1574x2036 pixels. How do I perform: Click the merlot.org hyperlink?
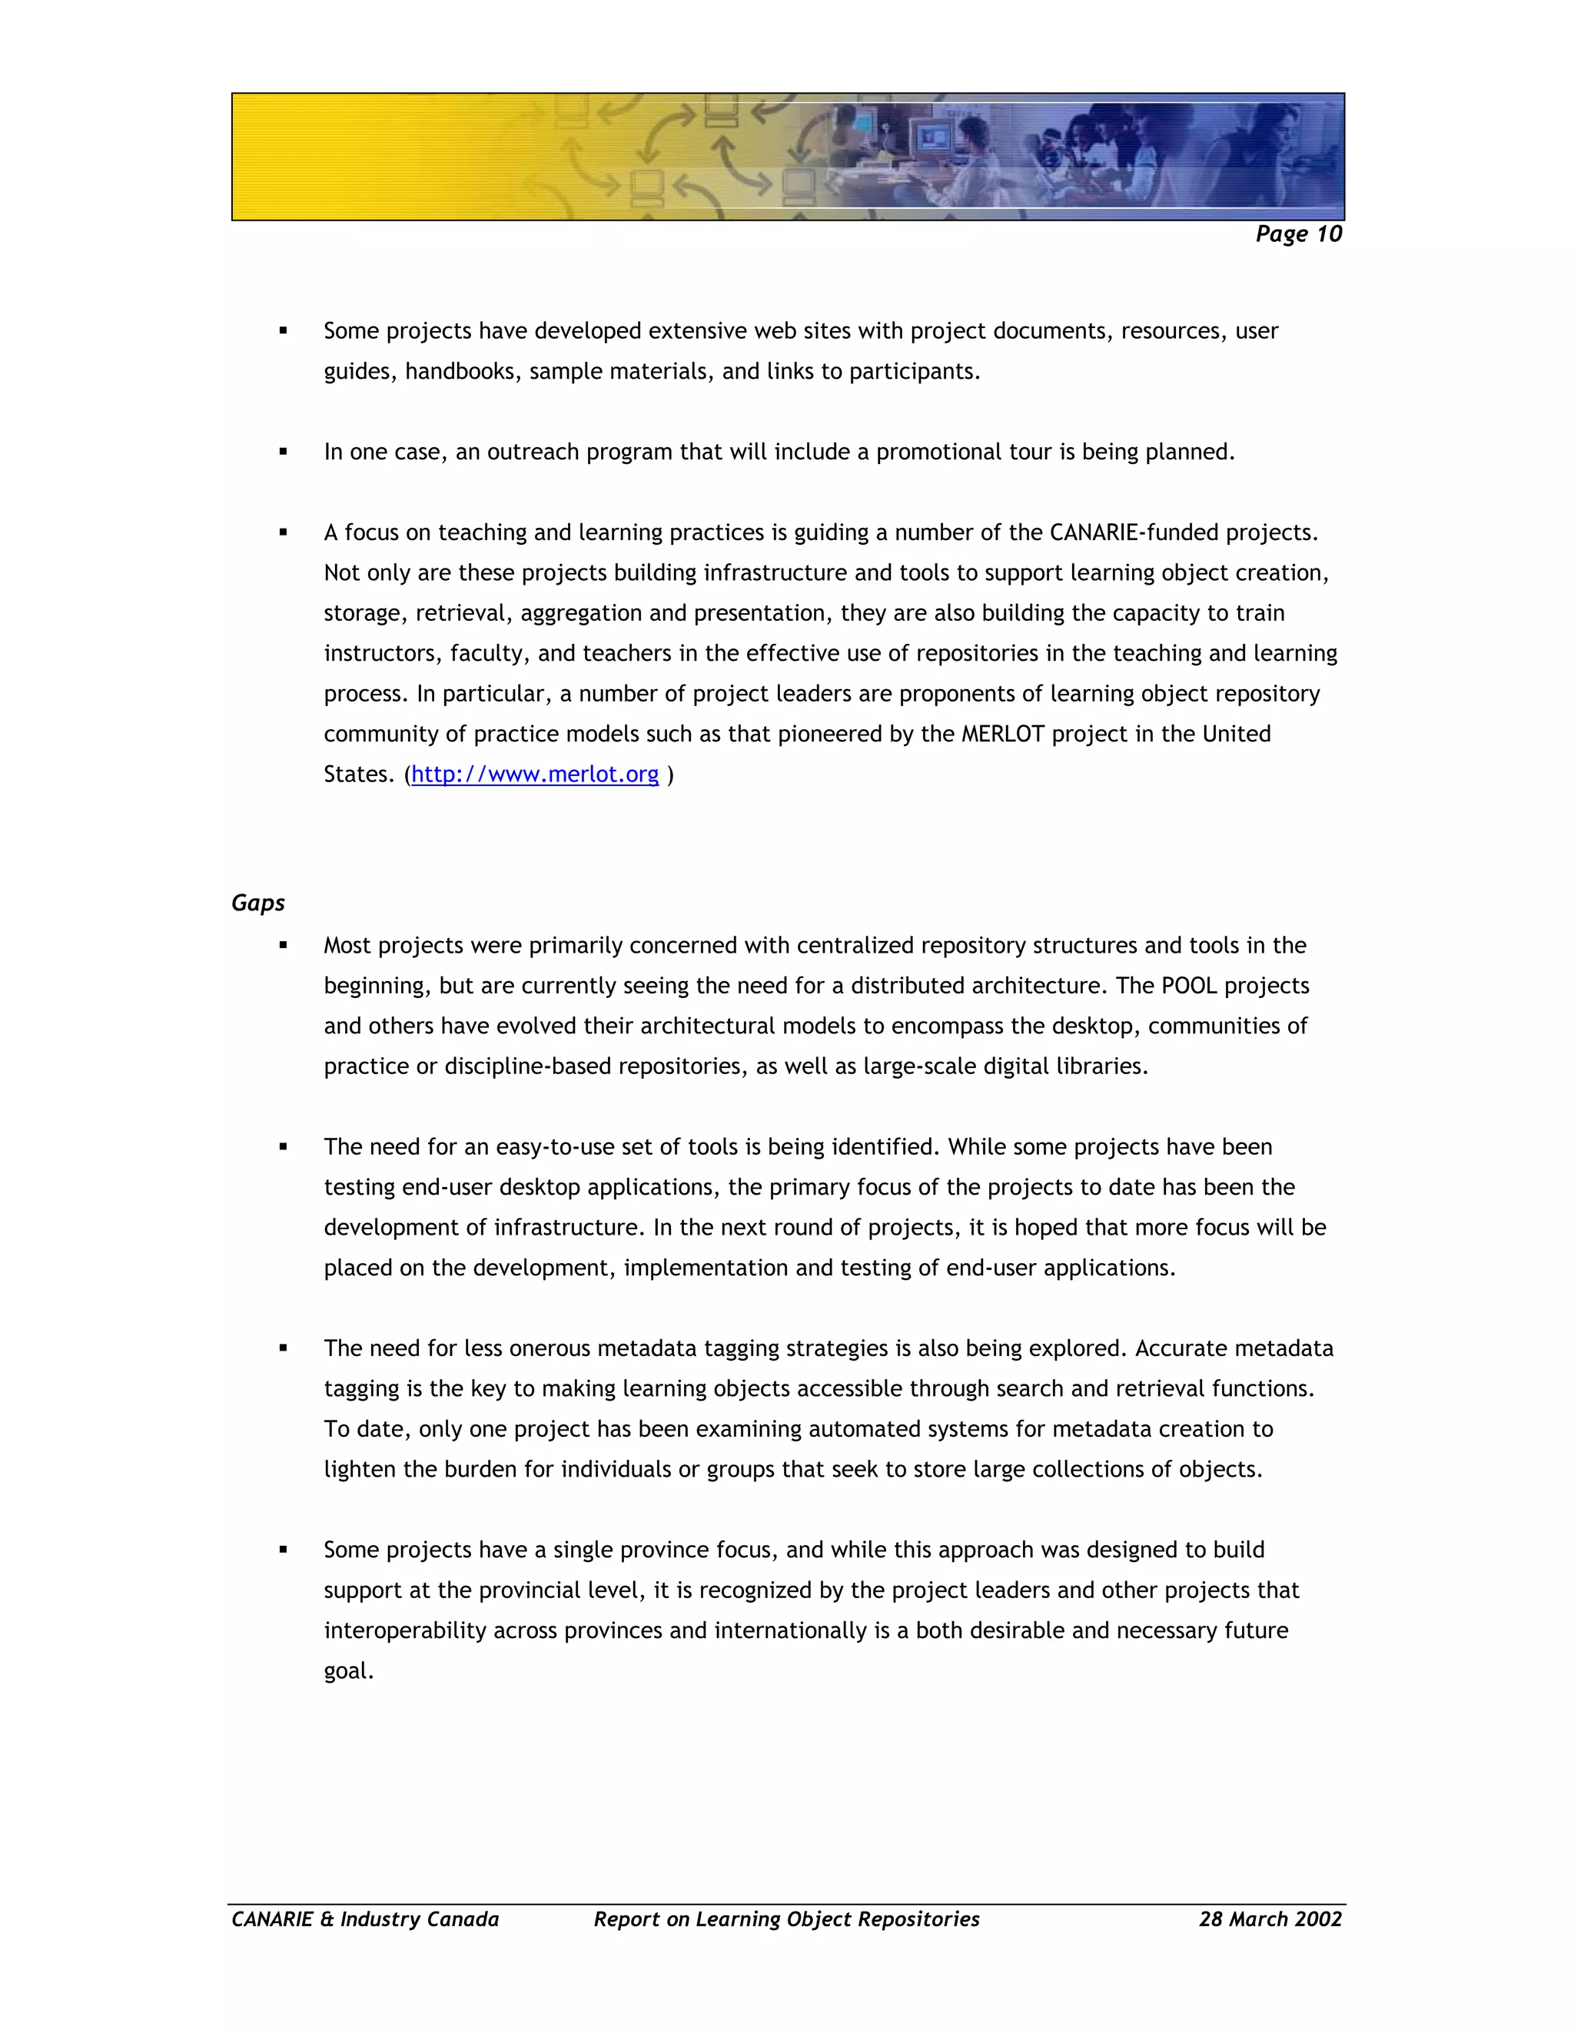pyautogui.click(x=534, y=774)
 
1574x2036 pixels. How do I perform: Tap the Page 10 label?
pyautogui.click(x=1298, y=234)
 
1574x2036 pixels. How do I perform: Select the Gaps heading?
pyautogui.click(x=257, y=903)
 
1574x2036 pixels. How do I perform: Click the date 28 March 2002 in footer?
pyautogui.click(x=1270, y=1918)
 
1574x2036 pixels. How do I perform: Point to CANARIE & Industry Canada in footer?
pyautogui.click(x=364, y=1918)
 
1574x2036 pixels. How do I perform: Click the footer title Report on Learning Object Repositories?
pyautogui.click(x=786, y=1918)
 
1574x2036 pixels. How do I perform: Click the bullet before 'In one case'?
pyautogui.click(x=283, y=452)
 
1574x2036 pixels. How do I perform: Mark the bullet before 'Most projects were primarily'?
pyautogui.click(x=283, y=945)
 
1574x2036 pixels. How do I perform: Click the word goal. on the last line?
pyautogui.click(x=349, y=1670)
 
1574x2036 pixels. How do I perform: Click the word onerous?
pyautogui.click(x=526, y=1349)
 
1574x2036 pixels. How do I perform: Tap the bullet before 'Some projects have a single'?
pyautogui.click(x=283, y=1550)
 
